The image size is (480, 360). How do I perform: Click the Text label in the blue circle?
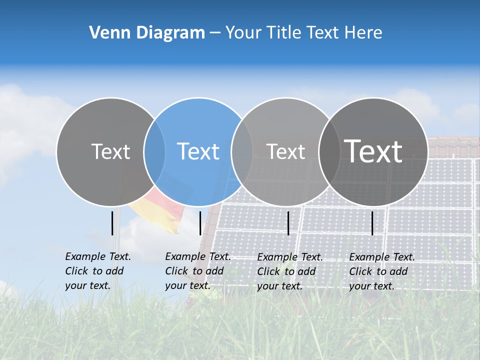pos(198,151)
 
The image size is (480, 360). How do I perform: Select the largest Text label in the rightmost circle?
pos(373,151)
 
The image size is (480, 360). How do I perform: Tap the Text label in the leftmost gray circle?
pos(110,151)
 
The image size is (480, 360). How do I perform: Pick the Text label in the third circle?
pos(285,151)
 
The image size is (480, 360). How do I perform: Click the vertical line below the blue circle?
pos(200,223)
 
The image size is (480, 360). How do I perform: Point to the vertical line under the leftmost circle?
pos(112,223)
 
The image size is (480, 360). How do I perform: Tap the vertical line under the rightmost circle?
pos(372,223)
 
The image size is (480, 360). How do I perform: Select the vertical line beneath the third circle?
pos(288,223)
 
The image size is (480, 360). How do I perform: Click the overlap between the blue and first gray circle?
pos(154,151)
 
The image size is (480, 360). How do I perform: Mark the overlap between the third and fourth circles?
pos(329,151)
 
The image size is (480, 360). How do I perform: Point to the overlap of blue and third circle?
pos(242,151)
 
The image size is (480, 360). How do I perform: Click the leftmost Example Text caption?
pos(98,271)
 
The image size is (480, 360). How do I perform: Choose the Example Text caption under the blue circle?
pos(198,271)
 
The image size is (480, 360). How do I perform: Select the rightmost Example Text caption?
pos(382,271)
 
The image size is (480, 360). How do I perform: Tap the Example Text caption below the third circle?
pos(290,271)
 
